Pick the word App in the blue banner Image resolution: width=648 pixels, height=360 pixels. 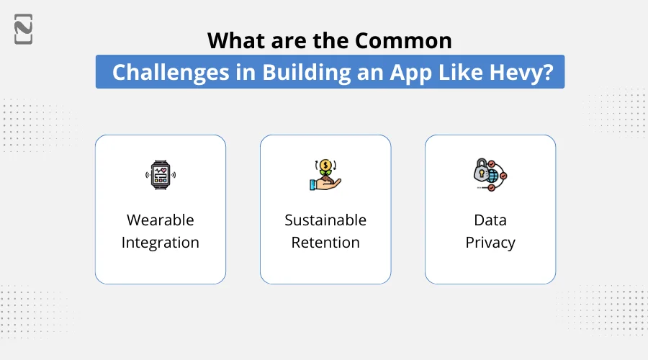click(x=408, y=73)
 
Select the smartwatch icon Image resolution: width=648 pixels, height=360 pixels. click(x=160, y=175)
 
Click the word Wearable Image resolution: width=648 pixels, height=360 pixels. click(x=160, y=220)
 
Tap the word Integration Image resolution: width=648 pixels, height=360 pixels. click(x=160, y=243)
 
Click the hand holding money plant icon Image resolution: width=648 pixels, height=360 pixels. click(x=325, y=175)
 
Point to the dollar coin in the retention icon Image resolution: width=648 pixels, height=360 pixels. click(x=325, y=166)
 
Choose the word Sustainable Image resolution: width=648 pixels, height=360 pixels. click(x=325, y=220)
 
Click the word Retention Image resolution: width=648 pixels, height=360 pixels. click(x=325, y=243)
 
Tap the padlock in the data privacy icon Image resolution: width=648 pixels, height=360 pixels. click(x=480, y=172)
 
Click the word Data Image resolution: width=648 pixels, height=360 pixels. click(x=490, y=220)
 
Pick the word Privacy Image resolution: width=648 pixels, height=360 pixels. click(x=490, y=243)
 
